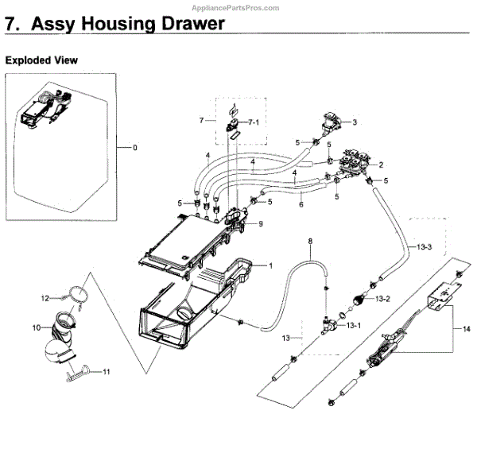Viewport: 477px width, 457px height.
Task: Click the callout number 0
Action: [x=135, y=148]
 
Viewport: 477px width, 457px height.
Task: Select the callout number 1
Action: [x=270, y=265]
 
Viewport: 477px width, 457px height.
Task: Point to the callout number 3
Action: [x=355, y=122]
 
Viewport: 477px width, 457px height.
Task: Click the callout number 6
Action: [x=301, y=204]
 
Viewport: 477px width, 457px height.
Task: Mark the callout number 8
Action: [x=310, y=240]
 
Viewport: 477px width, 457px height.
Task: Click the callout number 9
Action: [x=259, y=225]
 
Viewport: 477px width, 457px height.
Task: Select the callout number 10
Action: [x=37, y=327]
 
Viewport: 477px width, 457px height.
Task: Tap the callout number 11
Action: [x=106, y=371]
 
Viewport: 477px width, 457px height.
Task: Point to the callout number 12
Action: [x=45, y=297]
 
